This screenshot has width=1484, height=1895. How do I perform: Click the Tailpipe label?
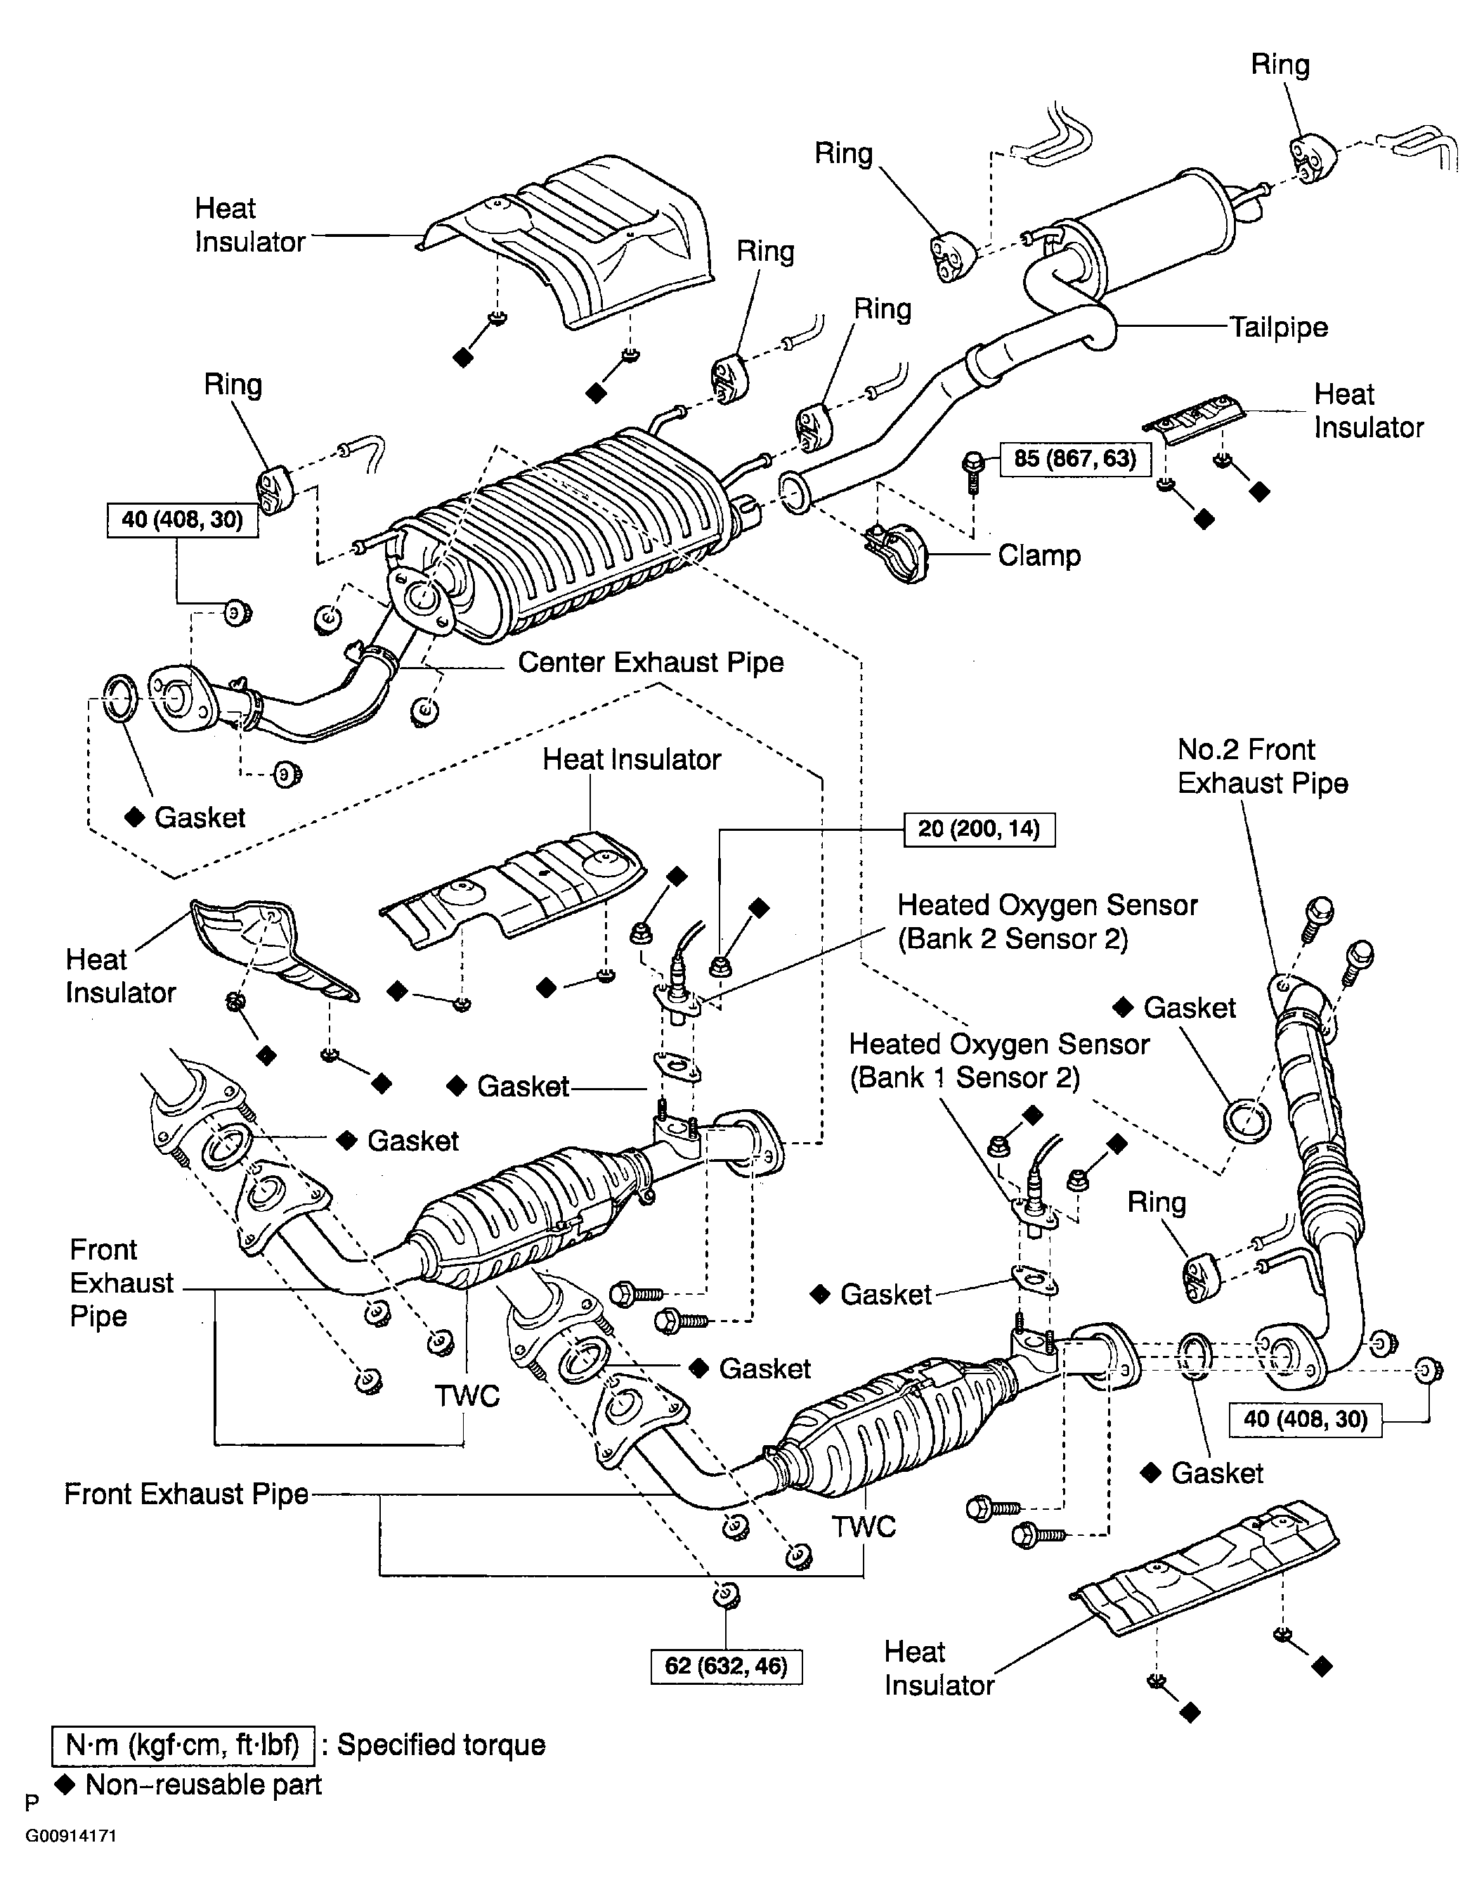pos(1278,328)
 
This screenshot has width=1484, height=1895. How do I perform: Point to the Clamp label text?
pos(1039,555)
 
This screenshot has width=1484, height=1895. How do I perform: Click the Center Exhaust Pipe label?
pos(651,662)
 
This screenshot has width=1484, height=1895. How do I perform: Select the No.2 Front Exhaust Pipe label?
pos(1263,766)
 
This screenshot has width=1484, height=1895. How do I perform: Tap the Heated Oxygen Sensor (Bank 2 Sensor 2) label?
pos(1047,921)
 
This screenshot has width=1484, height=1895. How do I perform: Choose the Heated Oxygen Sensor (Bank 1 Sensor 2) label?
pos(999,1061)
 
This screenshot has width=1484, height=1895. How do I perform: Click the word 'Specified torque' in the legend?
pos(441,1745)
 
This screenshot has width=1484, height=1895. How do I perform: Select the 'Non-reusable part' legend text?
pos(203,1785)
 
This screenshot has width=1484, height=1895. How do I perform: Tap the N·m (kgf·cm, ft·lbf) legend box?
pos(183,1745)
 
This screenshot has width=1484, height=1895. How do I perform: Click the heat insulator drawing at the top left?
pos(565,243)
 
